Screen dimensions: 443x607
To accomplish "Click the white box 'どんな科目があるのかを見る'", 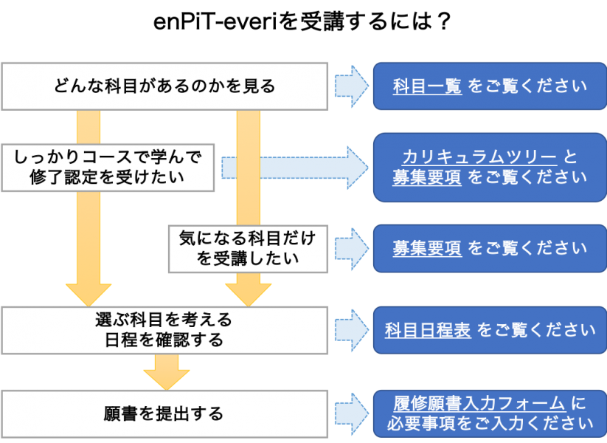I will click(164, 86).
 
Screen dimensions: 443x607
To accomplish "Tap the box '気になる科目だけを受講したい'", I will click(247, 248).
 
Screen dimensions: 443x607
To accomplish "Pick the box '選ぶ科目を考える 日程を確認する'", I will click(164, 330).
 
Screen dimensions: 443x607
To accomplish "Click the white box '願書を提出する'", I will click(164, 413).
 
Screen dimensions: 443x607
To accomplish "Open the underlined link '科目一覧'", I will click(427, 86).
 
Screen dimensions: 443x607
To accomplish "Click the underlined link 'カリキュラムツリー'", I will click(479, 157).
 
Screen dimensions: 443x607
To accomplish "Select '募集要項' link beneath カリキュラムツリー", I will click(427, 177).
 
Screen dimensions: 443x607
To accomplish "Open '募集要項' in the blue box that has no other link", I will click(427, 247).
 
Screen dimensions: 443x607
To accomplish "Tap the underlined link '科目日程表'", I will click(428, 329).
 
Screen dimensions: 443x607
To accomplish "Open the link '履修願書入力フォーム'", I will click(479, 403).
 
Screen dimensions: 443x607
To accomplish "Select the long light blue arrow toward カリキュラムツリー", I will click(295, 168).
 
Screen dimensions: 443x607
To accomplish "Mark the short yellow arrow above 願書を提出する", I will click(166, 371).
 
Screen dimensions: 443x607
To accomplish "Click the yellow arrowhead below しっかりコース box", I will click(89, 292).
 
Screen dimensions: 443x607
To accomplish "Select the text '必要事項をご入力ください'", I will click(490, 424).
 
